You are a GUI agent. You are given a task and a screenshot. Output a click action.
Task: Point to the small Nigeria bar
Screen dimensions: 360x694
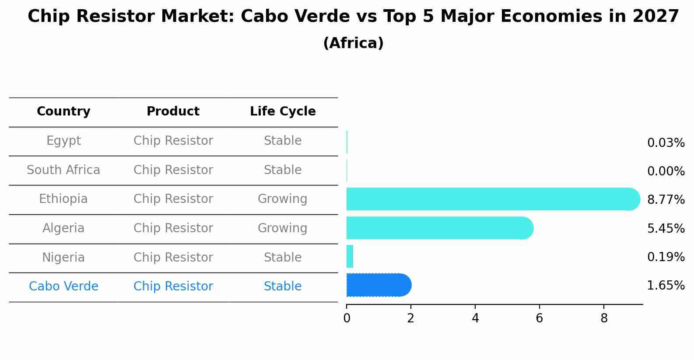(x=350, y=256)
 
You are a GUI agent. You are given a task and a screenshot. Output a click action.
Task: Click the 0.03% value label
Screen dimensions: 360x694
(x=666, y=143)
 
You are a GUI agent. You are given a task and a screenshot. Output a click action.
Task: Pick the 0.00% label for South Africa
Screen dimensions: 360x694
(x=666, y=171)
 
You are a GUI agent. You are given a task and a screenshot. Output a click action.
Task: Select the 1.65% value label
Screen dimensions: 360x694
(x=666, y=286)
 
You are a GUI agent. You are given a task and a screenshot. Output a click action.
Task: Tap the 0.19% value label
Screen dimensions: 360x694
(x=666, y=257)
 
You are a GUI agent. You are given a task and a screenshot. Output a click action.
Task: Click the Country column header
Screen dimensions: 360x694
(x=63, y=112)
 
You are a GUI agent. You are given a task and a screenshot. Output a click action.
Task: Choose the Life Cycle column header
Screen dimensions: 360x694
(x=283, y=112)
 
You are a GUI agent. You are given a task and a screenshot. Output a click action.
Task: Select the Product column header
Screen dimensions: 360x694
(x=173, y=112)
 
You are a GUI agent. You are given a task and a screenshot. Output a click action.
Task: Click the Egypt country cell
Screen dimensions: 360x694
(x=63, y=141)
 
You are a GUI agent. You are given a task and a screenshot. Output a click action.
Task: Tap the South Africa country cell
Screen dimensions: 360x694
(x=63, y=170)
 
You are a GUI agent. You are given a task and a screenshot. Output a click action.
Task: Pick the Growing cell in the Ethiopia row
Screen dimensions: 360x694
(x=282, y=199)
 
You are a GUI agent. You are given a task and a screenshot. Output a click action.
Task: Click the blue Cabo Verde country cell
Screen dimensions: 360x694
(x=63, y=287)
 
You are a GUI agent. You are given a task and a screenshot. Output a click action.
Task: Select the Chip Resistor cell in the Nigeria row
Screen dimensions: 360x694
(x=173, y=258)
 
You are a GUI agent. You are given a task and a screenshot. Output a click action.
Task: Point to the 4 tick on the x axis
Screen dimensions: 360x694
(x=475, y=318)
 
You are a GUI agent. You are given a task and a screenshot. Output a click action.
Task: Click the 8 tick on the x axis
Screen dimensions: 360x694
(x=604, y=318)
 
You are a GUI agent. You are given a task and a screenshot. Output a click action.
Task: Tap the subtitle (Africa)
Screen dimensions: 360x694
(x=353, y=43)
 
